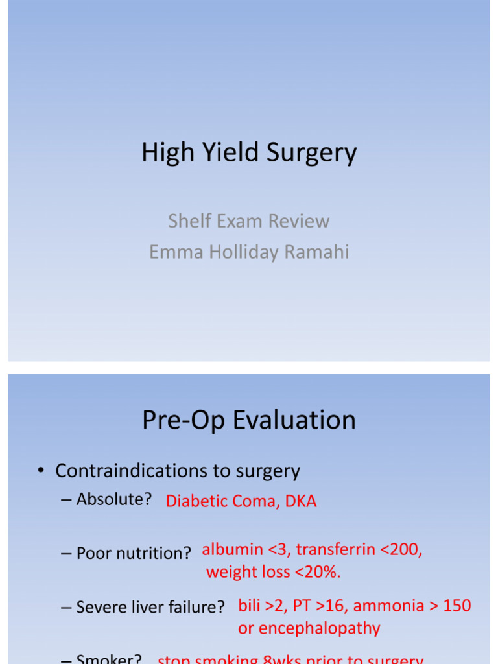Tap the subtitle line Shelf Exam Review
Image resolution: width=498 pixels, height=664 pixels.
click(x=248, y=221)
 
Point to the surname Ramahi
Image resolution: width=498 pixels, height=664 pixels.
click(x=318, y=252)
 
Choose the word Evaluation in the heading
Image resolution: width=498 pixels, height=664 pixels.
click(x=294, y=420)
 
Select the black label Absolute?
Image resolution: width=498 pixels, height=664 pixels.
click(x=114, y=499)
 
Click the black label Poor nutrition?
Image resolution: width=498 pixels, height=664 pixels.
click(x=134, y=553)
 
